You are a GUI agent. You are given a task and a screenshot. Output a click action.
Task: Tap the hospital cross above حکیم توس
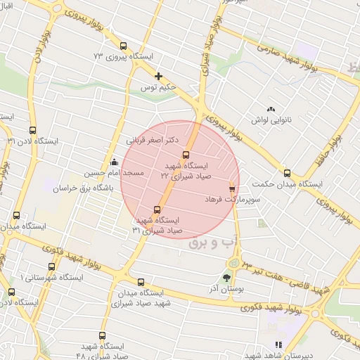click(x=159, y=76)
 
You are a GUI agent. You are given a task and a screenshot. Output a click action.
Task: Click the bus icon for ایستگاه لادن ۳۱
click(x=32, y=130)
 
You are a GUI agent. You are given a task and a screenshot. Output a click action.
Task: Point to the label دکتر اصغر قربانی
click(x=151, y=141)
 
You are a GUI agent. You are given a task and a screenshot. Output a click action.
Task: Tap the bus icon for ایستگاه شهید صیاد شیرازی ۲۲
click(x=186, y=155)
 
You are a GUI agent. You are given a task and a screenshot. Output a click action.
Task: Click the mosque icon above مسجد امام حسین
click(x=115, y=162)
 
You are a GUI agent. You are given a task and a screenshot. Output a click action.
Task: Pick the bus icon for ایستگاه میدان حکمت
click(x=287, y=173)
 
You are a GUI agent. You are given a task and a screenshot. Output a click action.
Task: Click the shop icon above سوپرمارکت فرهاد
click(x=232, y=188)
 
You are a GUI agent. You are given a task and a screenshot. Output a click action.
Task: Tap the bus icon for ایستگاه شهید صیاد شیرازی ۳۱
click(x=157, y=209)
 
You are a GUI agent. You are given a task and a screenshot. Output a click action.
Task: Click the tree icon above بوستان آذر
click(x=226, y=277)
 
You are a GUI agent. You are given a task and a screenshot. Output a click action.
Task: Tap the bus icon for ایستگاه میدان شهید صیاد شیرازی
click(x=141, y=282)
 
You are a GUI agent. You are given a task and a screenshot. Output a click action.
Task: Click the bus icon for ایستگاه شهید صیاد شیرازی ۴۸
click(x=102, y=336)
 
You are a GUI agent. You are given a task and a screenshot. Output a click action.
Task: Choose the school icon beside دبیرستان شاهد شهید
click(x=278, y=345)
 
